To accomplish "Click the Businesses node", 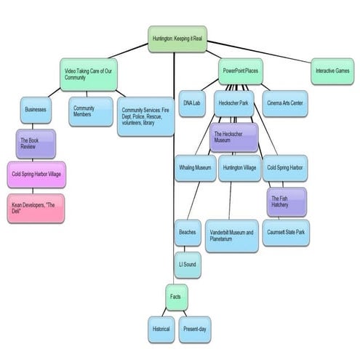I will click(36, 111).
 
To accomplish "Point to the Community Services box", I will click(146, 116).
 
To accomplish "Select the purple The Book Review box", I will click(36, 143).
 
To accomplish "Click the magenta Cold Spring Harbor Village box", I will click(36, 175).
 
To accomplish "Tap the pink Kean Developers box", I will click(36, 207).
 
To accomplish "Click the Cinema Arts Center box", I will click(287, 103).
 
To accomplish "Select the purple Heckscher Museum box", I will click(233, 137).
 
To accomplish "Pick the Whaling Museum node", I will click(195, 168).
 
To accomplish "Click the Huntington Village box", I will click(239, 168).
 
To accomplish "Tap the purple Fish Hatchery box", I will click(286, 201).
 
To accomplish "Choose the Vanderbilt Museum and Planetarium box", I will click(231, 236).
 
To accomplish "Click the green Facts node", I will click(175, 297).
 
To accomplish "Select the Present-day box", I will click(194, 329).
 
